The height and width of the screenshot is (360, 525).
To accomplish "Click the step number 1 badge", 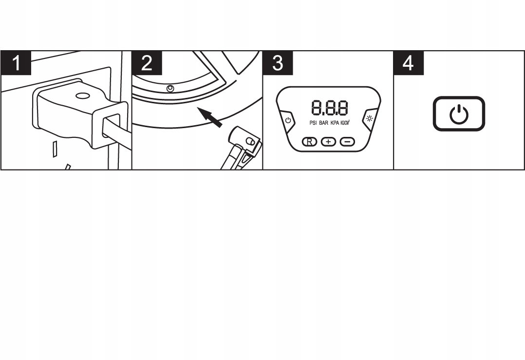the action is tap(16, 63).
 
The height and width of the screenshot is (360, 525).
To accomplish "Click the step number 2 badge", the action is tap(147, 63).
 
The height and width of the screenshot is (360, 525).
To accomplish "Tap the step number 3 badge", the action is tap(278, 63).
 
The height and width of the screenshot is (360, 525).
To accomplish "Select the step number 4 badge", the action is tap(409, 63).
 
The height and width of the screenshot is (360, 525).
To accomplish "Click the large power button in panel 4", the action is tap(459, 114).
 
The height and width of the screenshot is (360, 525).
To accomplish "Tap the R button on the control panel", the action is tap(309, 142).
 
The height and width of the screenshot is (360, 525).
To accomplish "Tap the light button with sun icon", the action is tap(370, 119).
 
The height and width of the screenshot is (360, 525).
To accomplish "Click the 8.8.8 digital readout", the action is tap(329, 108).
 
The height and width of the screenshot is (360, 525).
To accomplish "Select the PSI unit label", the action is tap(313, 123).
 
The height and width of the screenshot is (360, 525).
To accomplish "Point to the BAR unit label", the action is tap(324, 123).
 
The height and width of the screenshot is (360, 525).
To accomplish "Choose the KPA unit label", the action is tap(335, 123).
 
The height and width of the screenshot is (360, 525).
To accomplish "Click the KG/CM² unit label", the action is tap(345, 123).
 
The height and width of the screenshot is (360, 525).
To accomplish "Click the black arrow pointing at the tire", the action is tap(209, 117).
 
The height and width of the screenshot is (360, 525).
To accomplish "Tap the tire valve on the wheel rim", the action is tap(170, 88).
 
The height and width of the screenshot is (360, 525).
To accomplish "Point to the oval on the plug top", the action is tap(82, 96).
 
